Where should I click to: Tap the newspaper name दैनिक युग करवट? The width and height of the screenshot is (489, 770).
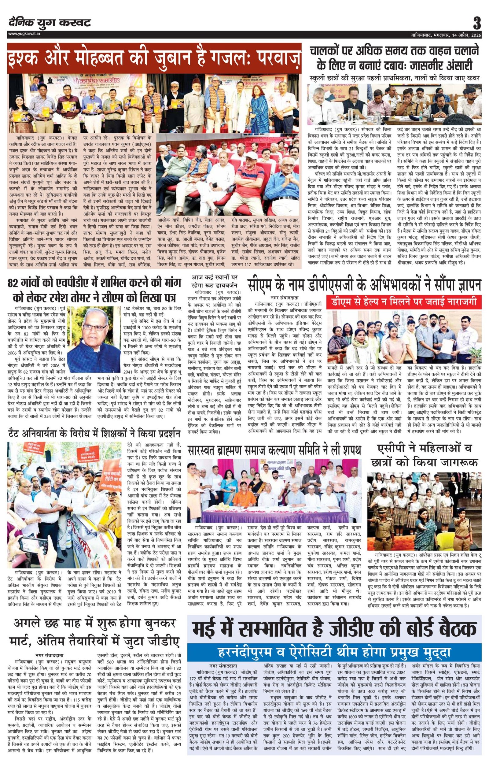(50, 23)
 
